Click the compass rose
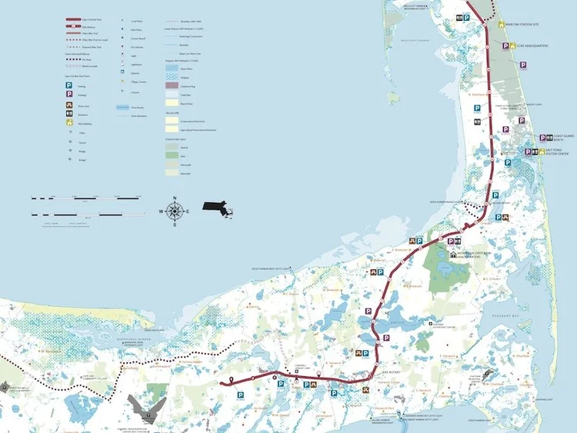point(175,209)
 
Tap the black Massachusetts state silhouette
point(218,207)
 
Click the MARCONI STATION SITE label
point(526,22)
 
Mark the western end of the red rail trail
point(222,382)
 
